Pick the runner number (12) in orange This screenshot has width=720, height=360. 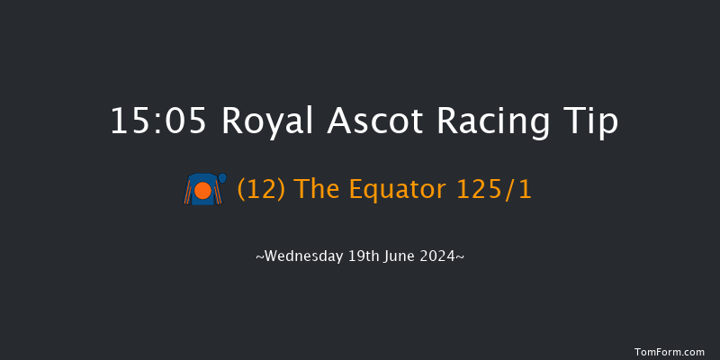[257, 190]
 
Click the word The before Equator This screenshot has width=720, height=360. [310, 190]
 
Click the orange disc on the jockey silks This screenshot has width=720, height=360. [202, 191]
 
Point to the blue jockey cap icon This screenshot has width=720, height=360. [222, 178]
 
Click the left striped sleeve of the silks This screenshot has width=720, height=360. [189, 193]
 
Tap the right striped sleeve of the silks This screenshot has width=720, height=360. [217, 193]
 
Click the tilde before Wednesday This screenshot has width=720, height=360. [259, 257]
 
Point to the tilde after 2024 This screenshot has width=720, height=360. [461, 257]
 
